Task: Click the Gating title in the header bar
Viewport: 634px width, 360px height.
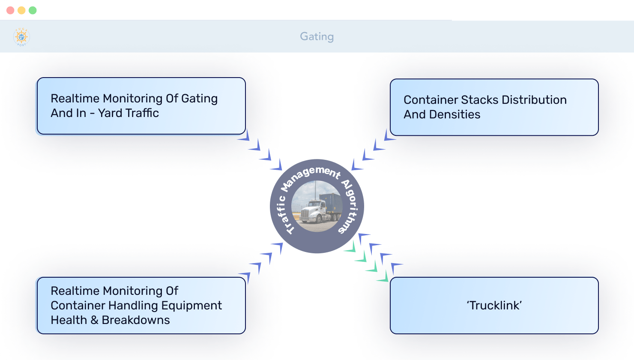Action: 317,36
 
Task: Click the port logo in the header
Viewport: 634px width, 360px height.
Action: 21,37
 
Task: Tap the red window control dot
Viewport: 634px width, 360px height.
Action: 10,10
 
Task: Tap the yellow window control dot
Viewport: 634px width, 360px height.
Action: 21,10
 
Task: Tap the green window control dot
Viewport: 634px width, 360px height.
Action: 33,10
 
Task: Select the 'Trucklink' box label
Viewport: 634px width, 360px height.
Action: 494,306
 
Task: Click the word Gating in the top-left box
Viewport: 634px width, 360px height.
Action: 199,99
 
